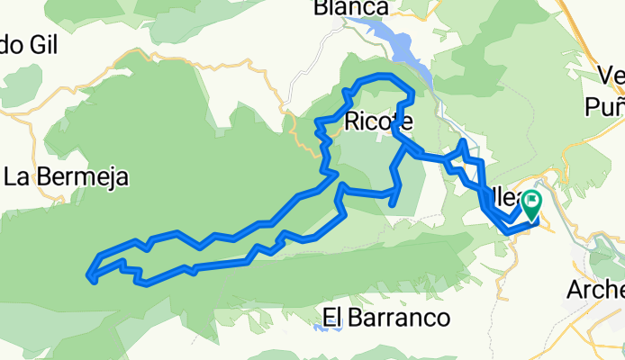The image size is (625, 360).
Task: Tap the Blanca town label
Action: coord(350,8)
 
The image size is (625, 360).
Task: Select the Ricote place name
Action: coord(378,121)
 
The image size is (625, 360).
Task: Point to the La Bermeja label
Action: coord(65,176)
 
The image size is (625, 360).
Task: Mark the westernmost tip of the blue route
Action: coord(88,275)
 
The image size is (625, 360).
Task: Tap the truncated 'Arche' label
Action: coord(594,290)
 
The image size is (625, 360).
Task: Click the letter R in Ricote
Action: coord(351,121)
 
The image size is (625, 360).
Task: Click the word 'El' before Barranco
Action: coord(331,317)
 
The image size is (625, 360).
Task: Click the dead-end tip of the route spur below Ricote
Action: coord(393,204)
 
